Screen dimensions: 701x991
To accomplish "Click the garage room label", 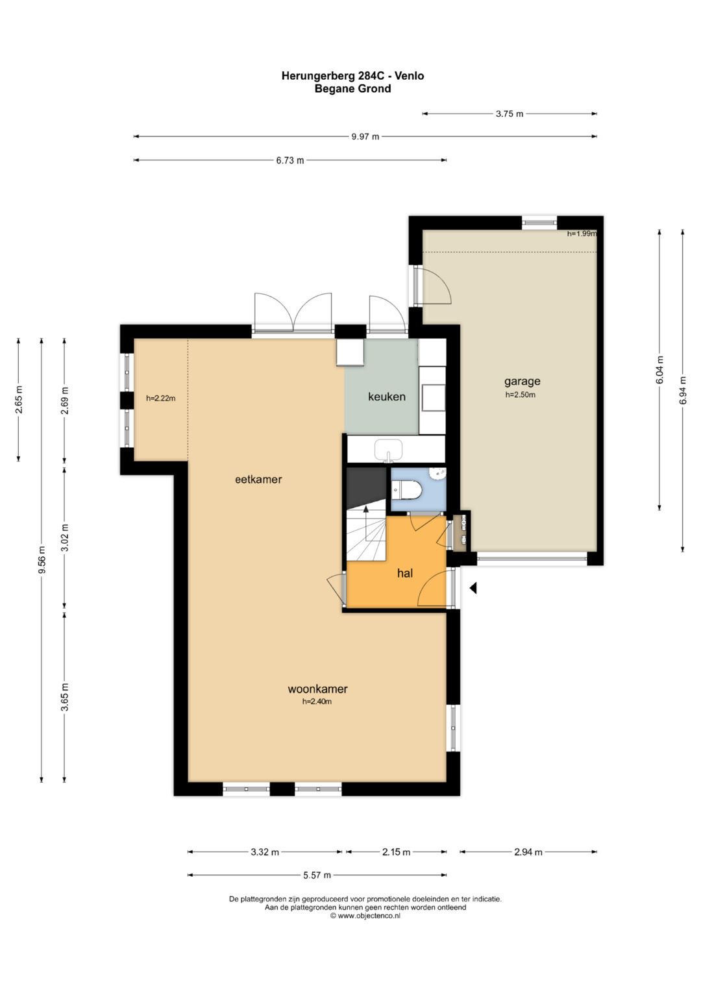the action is pos(523,382).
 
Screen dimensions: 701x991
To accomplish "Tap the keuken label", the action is pos(387,397).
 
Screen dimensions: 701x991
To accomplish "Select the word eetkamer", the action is pos(258,479).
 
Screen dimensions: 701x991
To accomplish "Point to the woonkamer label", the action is pos(317,689).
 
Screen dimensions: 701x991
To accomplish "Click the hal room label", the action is pos(405,573).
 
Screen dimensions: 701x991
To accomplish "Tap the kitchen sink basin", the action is pos(389,450).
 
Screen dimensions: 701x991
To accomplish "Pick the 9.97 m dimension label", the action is pos(365,137).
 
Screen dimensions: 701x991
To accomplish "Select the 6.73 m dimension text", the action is pos(290,160).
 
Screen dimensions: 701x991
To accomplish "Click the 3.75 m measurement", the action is pos(510,114).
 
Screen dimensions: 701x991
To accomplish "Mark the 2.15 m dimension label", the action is pos(396,852).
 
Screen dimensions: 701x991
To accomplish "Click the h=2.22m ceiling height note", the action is pos(161,398).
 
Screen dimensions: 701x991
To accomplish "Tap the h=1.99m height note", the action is pos(582,234).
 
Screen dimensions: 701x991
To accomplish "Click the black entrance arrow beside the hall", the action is pos(473,588).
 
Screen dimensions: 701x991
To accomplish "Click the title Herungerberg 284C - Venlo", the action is pos(352,76).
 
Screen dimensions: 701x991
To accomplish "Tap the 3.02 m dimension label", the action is pos(65,537).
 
